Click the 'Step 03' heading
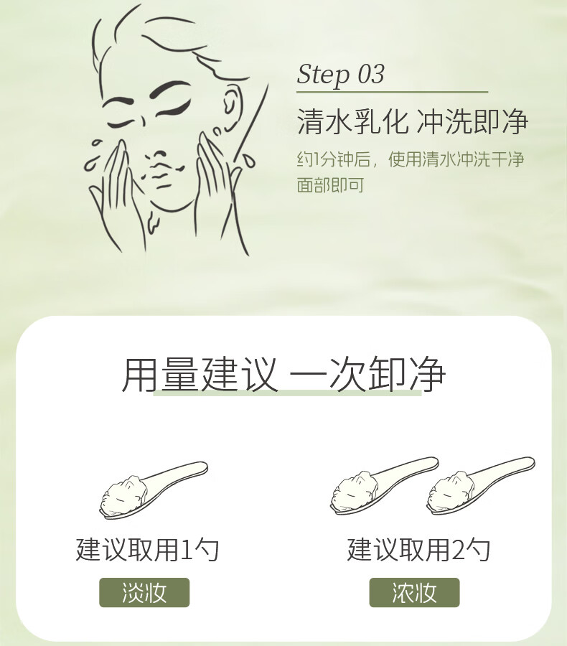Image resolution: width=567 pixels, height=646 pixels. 340,75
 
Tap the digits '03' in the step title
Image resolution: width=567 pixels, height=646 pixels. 370,74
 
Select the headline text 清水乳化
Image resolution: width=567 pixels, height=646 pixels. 352,121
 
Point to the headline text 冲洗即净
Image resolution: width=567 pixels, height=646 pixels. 472,121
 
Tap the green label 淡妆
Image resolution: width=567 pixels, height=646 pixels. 144,592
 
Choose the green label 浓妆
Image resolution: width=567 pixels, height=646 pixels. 414,592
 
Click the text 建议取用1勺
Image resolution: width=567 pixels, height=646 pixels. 147,550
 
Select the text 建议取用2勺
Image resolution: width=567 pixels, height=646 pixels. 418,550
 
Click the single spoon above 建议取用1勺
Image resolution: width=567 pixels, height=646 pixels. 154,490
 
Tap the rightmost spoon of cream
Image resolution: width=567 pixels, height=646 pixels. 480,486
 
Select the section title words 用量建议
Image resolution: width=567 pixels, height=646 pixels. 199,374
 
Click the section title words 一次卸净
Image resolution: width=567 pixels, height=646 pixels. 367,374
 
